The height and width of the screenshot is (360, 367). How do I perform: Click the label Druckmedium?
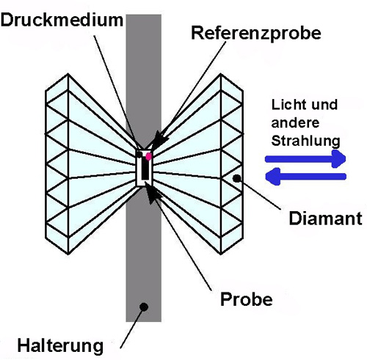pos(62,20)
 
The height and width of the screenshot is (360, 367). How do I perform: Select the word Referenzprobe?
pos(256,33)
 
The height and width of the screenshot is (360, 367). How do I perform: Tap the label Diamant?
pos(325,218)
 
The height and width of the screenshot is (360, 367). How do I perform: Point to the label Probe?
pos(247,299)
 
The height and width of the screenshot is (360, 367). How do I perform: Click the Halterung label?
pos(60,346)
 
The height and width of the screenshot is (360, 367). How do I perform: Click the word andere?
pos(295,122)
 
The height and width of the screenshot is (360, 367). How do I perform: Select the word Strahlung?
pos(306,141)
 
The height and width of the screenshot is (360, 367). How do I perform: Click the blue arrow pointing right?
pos(305,159)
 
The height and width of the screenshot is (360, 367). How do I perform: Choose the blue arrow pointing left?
pos(305,177)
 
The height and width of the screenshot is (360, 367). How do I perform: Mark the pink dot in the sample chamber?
pos(148,156)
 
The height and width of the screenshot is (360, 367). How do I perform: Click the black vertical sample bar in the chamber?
pos(145,169)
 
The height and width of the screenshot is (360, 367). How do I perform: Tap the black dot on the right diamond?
pos(236,179)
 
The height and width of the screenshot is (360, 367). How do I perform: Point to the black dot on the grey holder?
pos(144,306)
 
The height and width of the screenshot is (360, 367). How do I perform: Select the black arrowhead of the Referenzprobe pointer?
pos(159,139)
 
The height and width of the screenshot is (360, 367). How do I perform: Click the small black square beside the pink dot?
pos(139,155)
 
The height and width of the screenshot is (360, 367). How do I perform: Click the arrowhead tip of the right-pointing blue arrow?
pos(346,159)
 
